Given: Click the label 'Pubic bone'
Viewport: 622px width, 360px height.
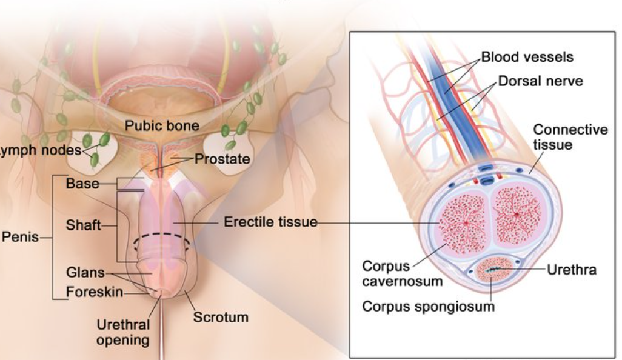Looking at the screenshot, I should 161,126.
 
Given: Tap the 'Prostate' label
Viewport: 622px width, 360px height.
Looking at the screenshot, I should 222,159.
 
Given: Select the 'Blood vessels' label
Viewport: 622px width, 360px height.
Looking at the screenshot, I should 527,58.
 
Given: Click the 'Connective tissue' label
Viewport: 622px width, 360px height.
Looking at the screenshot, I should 570,138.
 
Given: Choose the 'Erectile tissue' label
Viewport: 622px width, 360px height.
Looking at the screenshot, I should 270,222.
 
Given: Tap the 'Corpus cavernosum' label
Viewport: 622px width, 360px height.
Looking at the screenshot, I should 402,273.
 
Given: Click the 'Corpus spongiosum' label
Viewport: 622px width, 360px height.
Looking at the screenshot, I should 428,306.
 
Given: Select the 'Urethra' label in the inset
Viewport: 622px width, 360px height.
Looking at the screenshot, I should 571,270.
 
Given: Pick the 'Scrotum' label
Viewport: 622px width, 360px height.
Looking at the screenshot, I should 221,317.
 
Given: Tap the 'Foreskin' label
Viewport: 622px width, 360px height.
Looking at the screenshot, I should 94,293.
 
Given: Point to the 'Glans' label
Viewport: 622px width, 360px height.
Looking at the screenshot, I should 85,273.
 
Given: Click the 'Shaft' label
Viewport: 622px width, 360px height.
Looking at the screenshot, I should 83,225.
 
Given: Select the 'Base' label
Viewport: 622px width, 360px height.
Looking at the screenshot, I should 82,183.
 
